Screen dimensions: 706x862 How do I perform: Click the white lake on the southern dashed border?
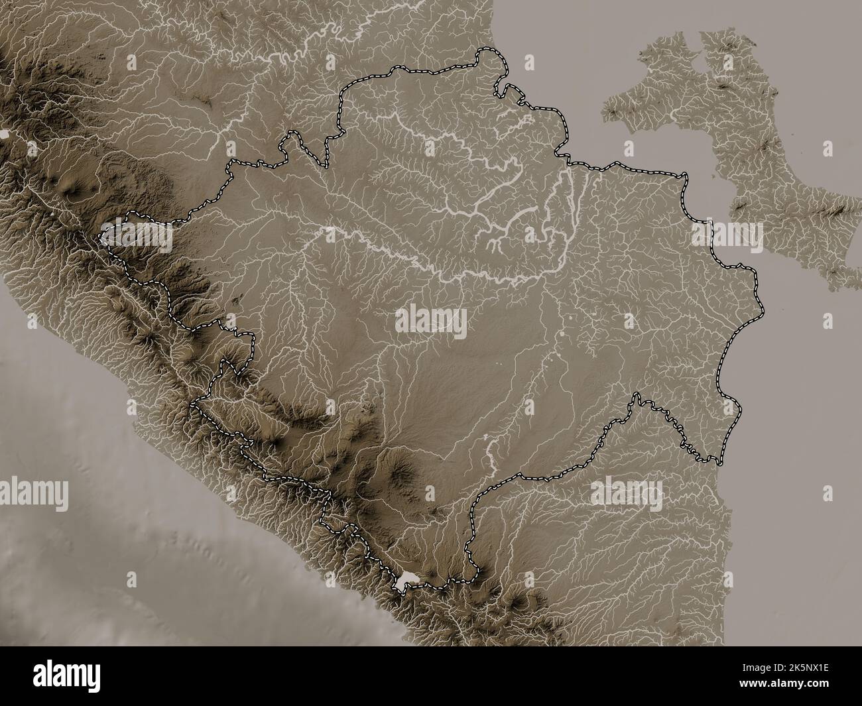click(x=406, y=581)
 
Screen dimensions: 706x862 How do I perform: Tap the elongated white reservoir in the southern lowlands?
click(x=491, y=451)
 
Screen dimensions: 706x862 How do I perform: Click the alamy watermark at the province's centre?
click(x=431, y=323)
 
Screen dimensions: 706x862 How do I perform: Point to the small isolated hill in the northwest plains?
click(x=206, y=103)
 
